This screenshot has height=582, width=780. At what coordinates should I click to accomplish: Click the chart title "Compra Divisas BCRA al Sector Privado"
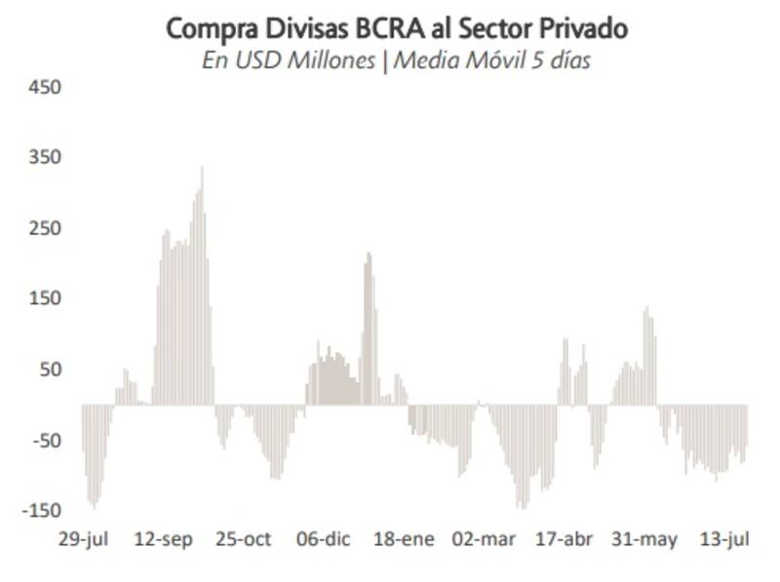[397, 28]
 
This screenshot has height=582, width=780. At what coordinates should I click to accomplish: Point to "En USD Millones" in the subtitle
[288, 60]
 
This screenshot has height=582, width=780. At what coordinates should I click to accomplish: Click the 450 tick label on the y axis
[46, 88]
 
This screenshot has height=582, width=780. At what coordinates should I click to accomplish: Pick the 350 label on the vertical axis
[46, 158]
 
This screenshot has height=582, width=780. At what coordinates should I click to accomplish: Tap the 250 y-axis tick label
[46, 228]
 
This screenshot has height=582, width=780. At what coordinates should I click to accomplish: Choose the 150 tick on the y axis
[46, 298]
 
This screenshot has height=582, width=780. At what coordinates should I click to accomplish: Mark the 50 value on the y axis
[50, 369]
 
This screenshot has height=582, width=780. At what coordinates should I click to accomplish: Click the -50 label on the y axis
[46, 441]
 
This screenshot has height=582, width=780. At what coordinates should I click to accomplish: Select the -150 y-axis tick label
[42, 511]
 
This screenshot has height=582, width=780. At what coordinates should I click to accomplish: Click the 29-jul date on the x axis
[83, 540]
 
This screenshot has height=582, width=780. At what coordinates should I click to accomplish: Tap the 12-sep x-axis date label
[163, 540]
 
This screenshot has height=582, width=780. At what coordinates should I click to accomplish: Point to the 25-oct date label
[243, 540]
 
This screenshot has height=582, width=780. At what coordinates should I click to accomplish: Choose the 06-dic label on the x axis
[323, 540]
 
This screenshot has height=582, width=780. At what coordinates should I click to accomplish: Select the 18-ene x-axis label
[404, 540]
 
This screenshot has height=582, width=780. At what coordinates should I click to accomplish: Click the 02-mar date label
[484, 540]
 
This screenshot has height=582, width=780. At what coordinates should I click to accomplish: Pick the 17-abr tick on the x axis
[565, 540]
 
